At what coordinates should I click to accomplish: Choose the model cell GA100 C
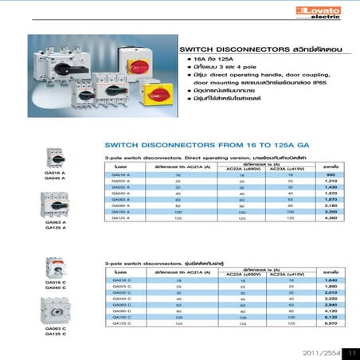[x=121, y=318]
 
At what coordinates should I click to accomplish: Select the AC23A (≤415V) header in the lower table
[x=284, y=274]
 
